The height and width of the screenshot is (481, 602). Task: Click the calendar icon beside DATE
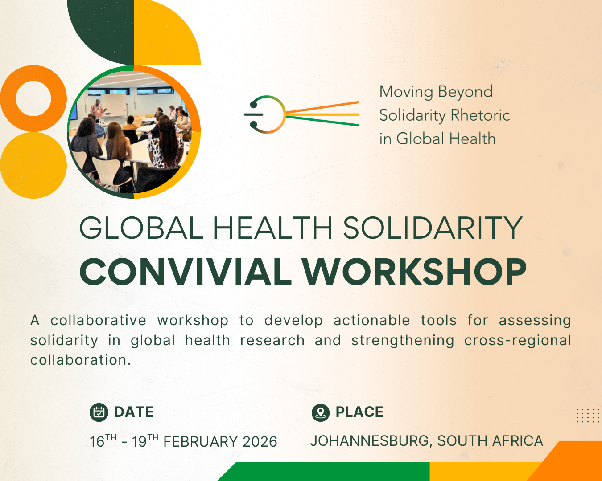click(x=99, y=412)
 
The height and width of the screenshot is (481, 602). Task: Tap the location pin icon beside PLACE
click(x=321, y=412)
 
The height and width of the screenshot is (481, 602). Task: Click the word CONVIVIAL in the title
click(x=186, y=272)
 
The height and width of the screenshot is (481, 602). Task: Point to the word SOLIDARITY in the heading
click(x=433, y=228)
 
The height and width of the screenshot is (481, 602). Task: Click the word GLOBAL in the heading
click(x=141, y=228)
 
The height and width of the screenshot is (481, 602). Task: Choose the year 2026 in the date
click(x=260, y=442)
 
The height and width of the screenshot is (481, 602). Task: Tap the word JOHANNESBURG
click(x=370, y=441)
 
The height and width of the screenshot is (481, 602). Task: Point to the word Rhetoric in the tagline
click(x=480, y=115)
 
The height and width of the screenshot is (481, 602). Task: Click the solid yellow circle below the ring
click(x=33, y=166)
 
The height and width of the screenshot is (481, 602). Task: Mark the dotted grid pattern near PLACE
click(x=589, y=416)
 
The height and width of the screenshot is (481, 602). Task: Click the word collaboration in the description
click(x=81, y=360)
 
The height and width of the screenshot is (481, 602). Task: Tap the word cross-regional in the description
click(x=518, y=341)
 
